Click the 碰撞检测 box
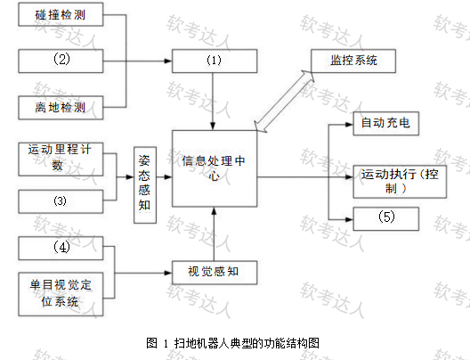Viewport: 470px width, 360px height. click(x=61, y=14)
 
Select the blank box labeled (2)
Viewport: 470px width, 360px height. click(x=61, y=61)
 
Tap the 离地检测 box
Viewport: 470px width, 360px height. click(x=61, y=108)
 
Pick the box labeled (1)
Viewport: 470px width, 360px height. click(x=215, y=61)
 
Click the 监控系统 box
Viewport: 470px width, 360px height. click(x=353, y=61)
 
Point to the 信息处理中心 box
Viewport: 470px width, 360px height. click(x=215, y=168)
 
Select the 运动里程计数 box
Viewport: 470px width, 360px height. click(x=61, y=160)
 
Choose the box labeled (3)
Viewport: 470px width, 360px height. click(x=61, y=201)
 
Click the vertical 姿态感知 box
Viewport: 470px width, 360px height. click(x=145, y=185)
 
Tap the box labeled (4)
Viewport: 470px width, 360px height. click(x=61, y=248)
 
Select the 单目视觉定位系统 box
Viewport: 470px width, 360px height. click(x=61, y=294)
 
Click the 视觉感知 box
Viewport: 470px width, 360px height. click(x=215, y=273)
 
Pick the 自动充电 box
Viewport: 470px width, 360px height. click(x=386, y=124)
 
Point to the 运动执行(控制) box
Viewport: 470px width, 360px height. click(x=400, y=182)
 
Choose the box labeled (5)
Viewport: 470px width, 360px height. click(x=386, y=219)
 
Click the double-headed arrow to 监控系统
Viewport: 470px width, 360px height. click(x=284, y=102)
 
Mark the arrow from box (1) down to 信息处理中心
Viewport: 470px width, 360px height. click(x=213, y=102)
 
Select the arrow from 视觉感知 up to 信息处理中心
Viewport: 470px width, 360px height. click(x=214, y=234)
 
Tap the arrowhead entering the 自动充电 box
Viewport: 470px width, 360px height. click(x=350, y=125)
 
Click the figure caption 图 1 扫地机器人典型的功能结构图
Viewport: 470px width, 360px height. click(x=233, y=343)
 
